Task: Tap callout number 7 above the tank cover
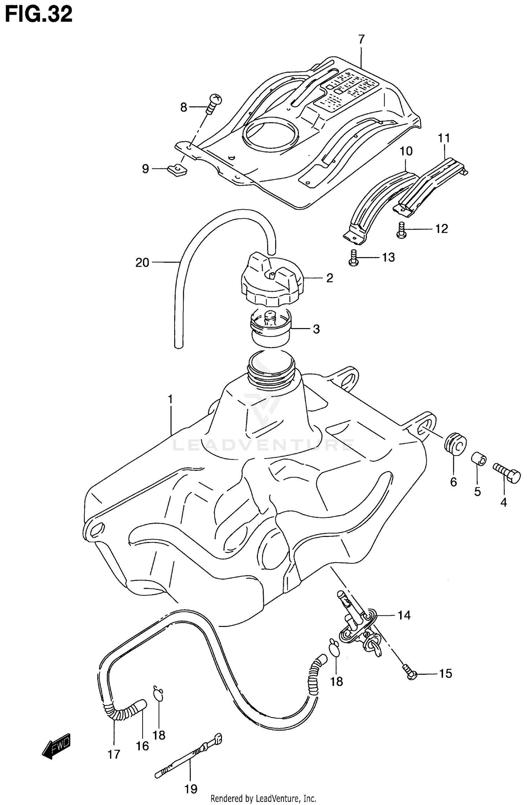point(362,39)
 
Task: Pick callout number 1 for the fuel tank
point(170,399)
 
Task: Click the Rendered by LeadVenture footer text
point(263,799)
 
